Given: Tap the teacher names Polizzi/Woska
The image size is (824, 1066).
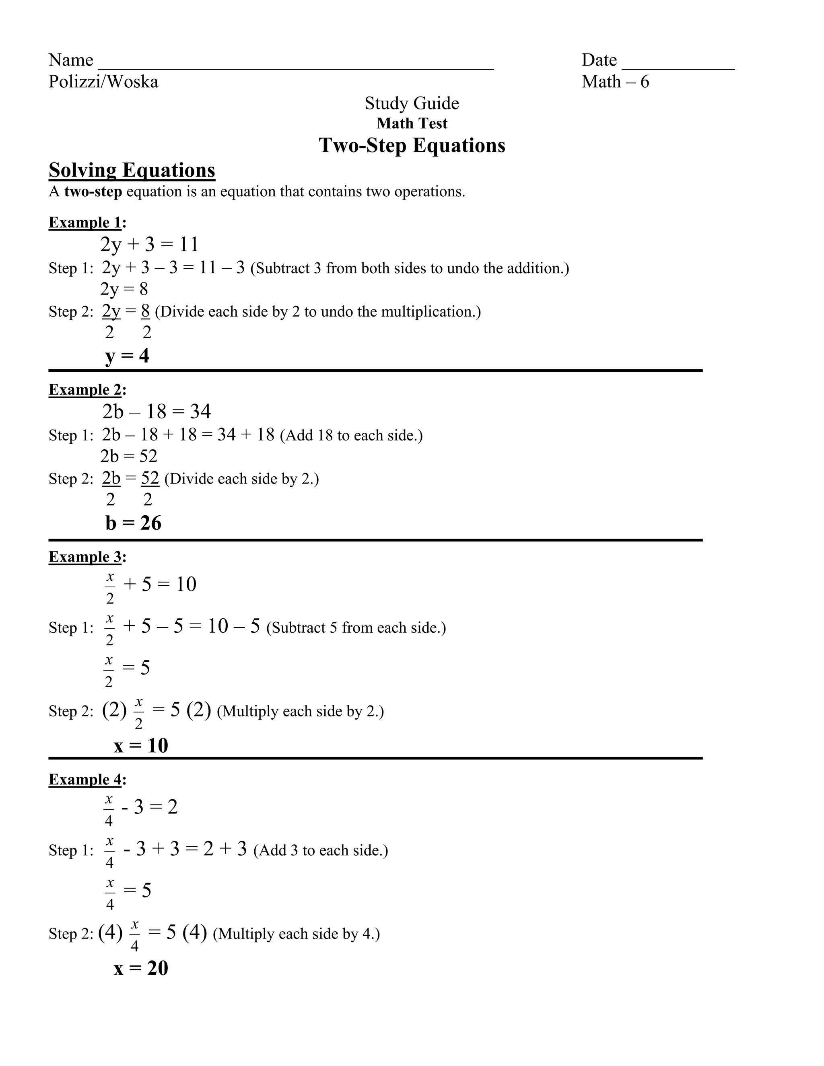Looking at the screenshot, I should pyautogui.click(x=103, y=82).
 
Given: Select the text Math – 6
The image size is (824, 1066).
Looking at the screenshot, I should pyautogui.click(x=615, y=82).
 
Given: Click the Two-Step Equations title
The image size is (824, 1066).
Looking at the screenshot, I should pyautogui.click(x=412, y=146).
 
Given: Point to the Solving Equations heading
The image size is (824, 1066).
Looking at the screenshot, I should pyautogui.click(x=132, y=170).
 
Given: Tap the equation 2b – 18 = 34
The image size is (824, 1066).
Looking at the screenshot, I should pyautogui.click(x=156, y=412).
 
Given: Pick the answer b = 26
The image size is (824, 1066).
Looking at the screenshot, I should pyautogui.click(x=133, y=523).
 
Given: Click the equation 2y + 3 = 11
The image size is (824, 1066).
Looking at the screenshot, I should pyautogui.click(x=149, y=244).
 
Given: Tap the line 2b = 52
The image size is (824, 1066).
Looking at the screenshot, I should pyautogui.click(x=129, y=457).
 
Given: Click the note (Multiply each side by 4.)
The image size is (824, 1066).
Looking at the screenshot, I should pyautogui.click(x=296, y=934).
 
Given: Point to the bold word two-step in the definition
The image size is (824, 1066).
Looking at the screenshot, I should pyautogui.click(x=93, y=192).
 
